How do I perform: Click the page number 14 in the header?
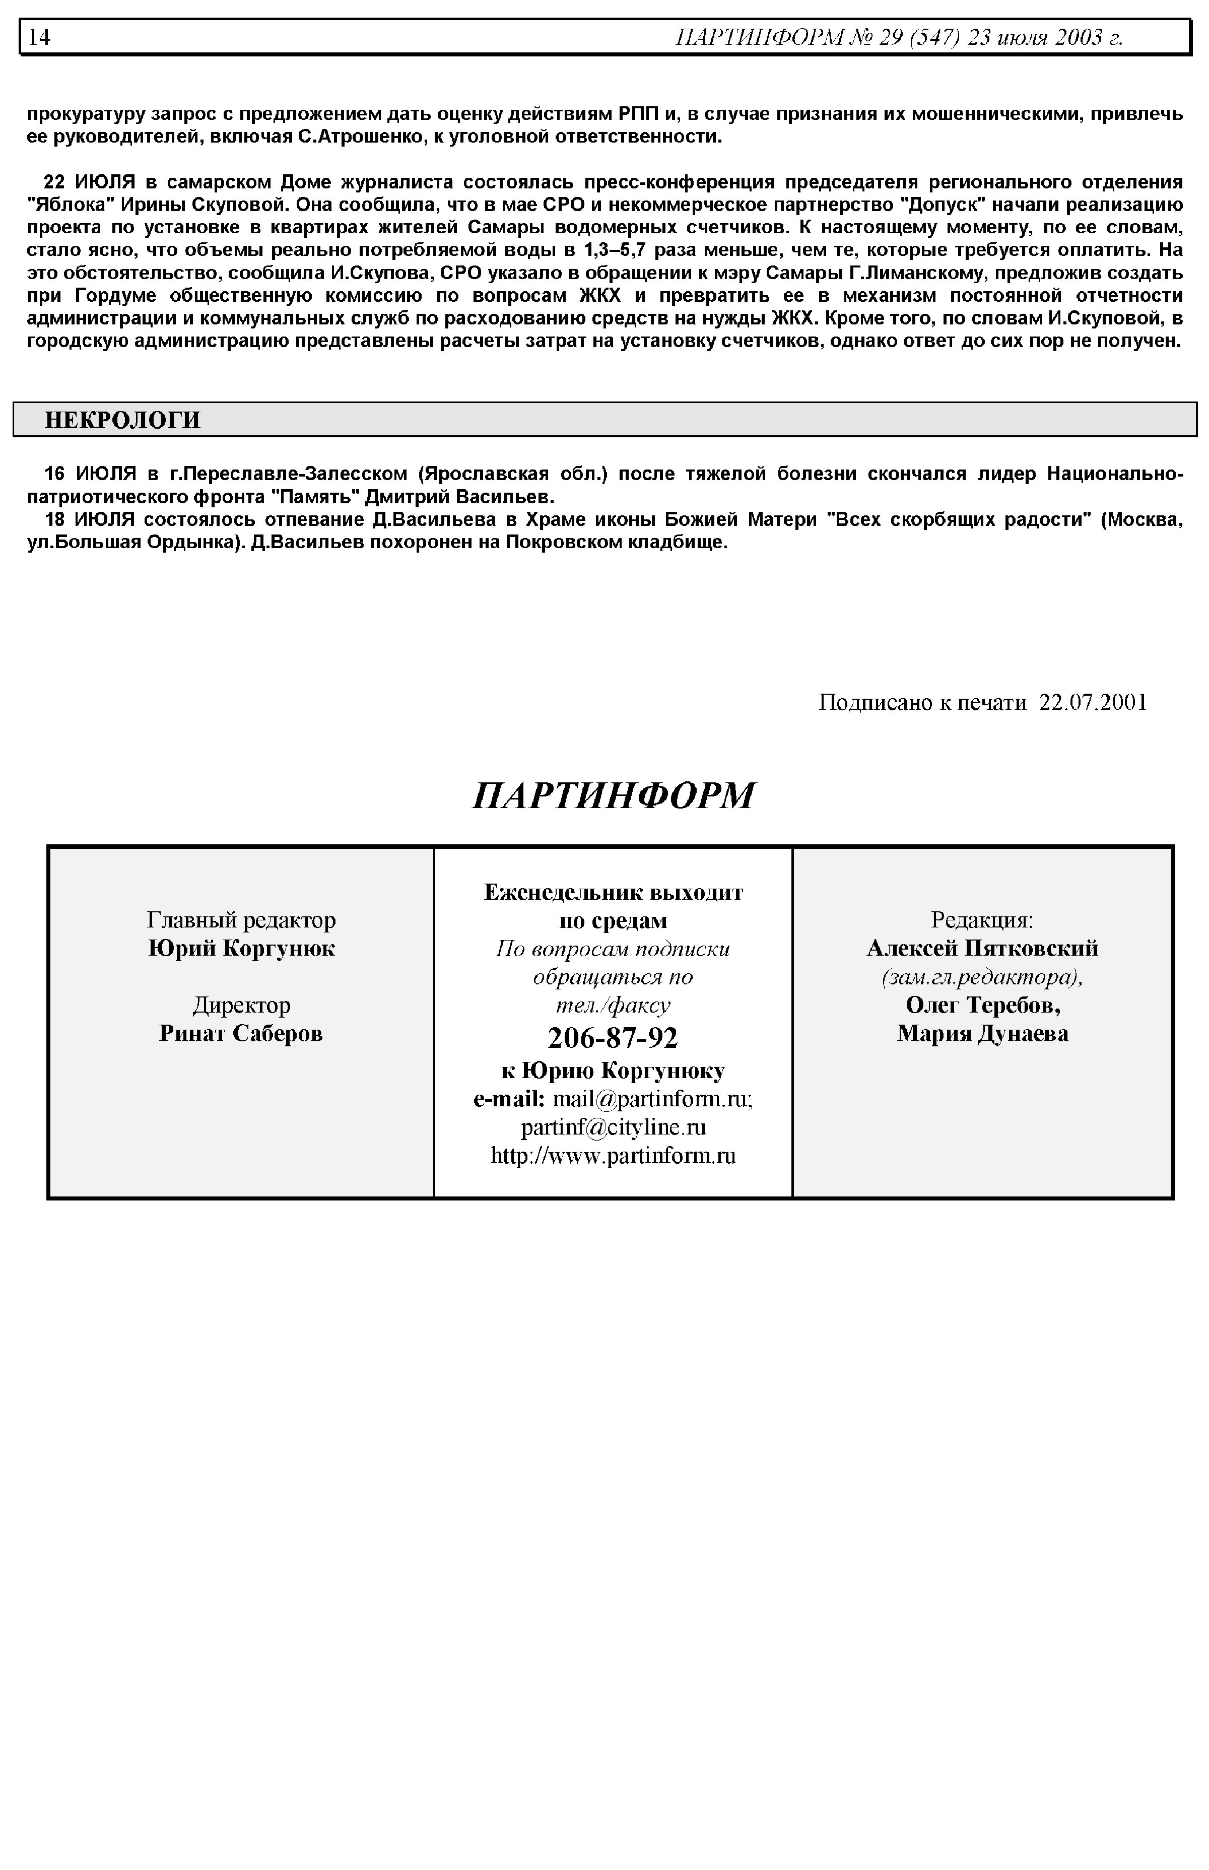click(x=39, y=37)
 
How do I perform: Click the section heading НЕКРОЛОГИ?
click(x=122, y=420)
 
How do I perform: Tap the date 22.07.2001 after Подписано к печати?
click(x=1093, y=702)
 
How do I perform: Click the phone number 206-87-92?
click(x=613, y=1038)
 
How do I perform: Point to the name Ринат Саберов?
click(x=241, y=1033)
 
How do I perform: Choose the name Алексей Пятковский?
click(x=982, y=948)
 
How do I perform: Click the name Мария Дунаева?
click(x=982, y=1033)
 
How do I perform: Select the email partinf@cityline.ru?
click(x=613, y=1127)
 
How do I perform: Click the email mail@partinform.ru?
click(x=652, y=1099)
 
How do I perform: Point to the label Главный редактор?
click(x=241, y=919)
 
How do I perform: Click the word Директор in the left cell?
click(x=241, y=1005)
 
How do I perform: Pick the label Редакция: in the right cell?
click(x=982, y=919)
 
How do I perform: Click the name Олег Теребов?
click(x=982, y=1005)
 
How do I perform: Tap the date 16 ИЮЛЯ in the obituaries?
click(x=90, y=474)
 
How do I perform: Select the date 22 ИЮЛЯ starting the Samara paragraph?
click(x=90, y=182)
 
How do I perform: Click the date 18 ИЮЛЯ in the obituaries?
click(x=90, y=520)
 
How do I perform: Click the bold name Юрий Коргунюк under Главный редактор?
click(x=241, y=948)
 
